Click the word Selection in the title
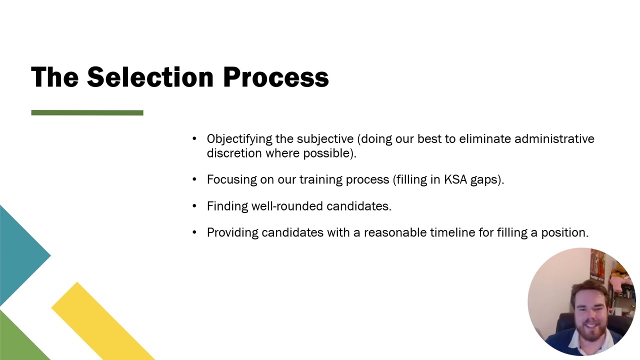(x=151, y=77)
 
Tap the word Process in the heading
(x=275, y=77)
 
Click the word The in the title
(x=54, y=77)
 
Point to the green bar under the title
(x=87, y=113)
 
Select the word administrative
(x=554, y=139)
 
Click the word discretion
(x=234, y=153)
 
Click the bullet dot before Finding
(x=194, y=206)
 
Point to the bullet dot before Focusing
(x=194, y=180)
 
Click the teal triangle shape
(x=20, y=255)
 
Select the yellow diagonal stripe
(x=100, y=320)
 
